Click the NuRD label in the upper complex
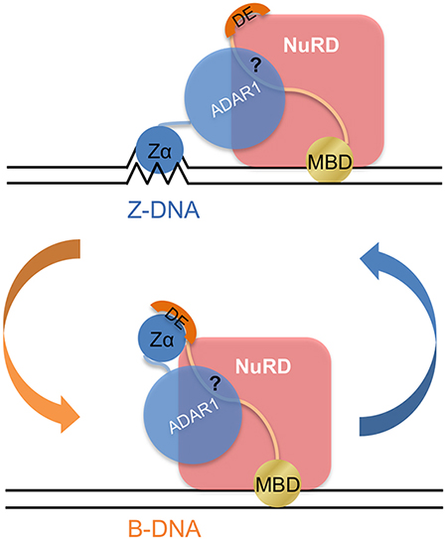tap(311, 45)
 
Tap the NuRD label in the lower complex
tap(263, 366)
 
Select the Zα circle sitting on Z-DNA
tap(159, 149)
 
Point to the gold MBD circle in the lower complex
tap(277, 482)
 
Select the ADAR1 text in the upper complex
tap(236, 100)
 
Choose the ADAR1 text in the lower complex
tap(195, 416)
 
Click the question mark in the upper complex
tap(255, 65)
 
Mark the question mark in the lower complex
tap(215, 382)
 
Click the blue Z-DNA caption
tap(164, 210)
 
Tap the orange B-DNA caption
tap(164, 528)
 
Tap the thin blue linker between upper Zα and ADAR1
tap(174, 123)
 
